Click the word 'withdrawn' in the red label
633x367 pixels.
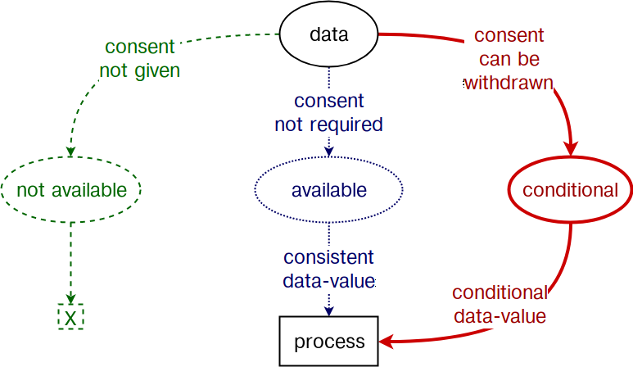tap(509, 84)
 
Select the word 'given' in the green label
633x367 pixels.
tap(157, 71)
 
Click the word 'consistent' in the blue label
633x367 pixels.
tap(328, 257)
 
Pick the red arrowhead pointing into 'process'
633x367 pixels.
tap(387, 342)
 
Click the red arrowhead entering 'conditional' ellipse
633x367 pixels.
tap(571, 148)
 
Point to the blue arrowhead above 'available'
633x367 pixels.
tap(329, 152)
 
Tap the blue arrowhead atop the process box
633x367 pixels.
tap(329, 310)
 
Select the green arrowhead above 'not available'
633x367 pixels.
tap(71, 152)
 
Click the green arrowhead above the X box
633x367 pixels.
tap(71, 299)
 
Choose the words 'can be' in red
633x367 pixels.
tap(509, 59)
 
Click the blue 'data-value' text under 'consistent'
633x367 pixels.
tap(329, 281)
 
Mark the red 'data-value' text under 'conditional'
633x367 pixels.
tap(500, 316)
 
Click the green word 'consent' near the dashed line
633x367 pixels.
tap(140, 47)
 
